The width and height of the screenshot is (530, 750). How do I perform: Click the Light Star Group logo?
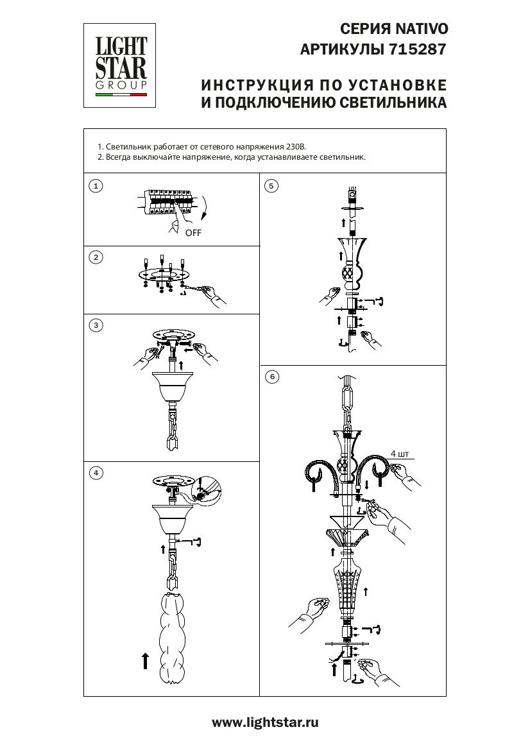coord(121,65)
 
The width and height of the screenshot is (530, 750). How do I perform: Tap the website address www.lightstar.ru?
coord(265,722)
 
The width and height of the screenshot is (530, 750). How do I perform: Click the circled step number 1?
coord(96,186)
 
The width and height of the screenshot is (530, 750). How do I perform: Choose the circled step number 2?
coord(96,257)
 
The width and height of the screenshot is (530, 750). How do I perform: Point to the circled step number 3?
coord(96,325)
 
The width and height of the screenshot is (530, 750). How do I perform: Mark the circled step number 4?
coord(96,473)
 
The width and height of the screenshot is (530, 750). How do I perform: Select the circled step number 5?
coord(271,186)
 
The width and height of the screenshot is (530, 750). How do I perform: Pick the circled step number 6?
coord(272,377)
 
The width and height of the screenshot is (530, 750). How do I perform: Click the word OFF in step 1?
coord(193,233)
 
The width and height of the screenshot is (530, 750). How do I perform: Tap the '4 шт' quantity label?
coord(398,454)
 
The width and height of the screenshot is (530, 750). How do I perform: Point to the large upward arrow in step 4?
coord(146,661)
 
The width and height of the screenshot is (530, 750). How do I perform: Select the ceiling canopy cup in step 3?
coord(173,385)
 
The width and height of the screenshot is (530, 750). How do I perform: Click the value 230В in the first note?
coord(291,146)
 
